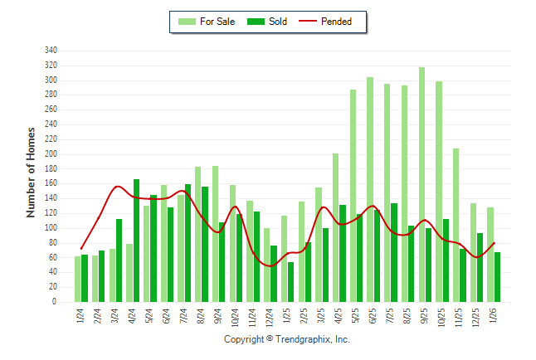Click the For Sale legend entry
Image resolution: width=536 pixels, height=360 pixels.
[x=211, y=22]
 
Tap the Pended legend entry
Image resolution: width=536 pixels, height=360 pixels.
[x=335, y=22]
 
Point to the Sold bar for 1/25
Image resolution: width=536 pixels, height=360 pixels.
[x=291, y=282]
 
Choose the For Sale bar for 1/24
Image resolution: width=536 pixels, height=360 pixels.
[x=78, y=280]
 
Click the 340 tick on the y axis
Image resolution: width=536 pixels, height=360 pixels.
[x=51, y=51]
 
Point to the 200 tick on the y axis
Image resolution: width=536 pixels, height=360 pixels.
[x=51, y=154]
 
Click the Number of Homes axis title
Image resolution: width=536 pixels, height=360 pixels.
[x=31, y=172]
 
